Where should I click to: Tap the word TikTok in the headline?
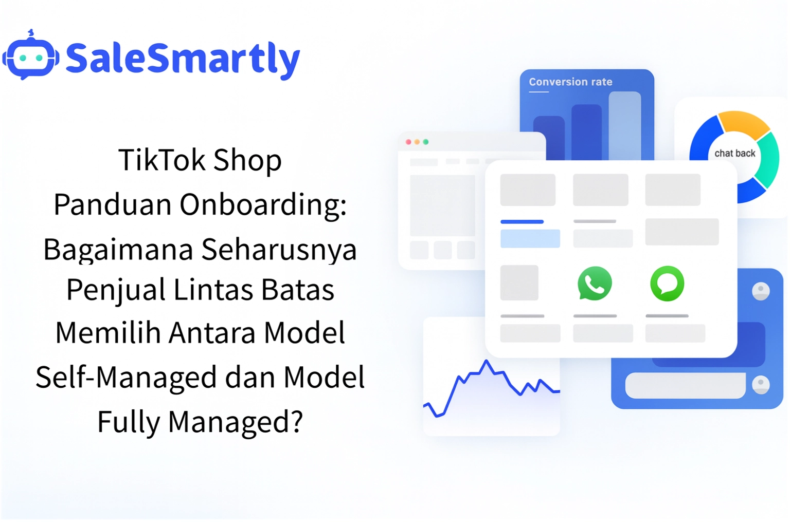[161, 160]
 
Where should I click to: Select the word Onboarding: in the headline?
[263, 204]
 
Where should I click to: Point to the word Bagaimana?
[118, 250]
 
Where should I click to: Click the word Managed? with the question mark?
[235, 422]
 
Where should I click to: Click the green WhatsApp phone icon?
[595, 283]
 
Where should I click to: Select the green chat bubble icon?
[667, 283]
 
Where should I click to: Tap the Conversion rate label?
[570, 82]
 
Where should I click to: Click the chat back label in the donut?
[734, 153]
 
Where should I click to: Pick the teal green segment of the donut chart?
[768, 159]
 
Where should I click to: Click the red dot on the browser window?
[408, 142]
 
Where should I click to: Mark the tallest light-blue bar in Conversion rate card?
[624, 126]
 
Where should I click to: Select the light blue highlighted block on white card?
[530, 239]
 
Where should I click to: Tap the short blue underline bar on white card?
[522, 222]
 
